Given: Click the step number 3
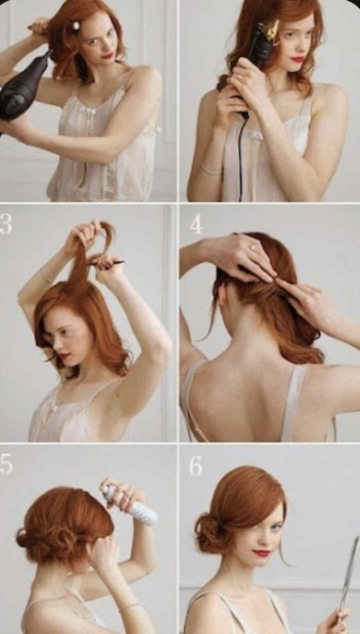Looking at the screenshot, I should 5,224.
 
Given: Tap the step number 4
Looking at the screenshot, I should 196,225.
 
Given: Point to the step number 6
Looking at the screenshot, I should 195,466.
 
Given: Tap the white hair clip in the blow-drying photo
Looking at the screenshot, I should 76,25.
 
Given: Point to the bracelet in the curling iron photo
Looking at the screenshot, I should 210,170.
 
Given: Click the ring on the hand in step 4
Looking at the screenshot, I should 252,247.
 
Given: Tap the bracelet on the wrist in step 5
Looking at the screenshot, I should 129,606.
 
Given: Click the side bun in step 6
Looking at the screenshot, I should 210,532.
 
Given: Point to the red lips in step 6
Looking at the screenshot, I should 262,552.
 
